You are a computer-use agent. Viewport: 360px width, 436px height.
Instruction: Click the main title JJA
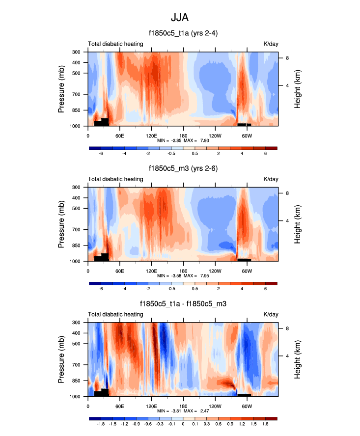coord(180,17)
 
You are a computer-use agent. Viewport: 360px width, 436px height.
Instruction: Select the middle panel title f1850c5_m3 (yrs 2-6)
coord(183,169)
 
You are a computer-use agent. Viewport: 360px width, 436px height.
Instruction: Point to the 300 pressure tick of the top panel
coord(76,52)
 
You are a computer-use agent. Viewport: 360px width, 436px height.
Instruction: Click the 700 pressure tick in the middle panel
coord(76,230)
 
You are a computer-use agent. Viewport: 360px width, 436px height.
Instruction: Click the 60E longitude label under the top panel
coord(119,136)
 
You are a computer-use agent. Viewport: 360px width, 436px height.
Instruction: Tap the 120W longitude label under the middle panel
coord(215,271)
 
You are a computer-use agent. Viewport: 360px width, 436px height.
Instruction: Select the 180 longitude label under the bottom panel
coord(183,406)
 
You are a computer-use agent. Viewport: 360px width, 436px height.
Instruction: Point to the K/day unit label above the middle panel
coord(271,179)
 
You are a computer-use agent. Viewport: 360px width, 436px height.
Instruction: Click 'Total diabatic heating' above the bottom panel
coord(115,314)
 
